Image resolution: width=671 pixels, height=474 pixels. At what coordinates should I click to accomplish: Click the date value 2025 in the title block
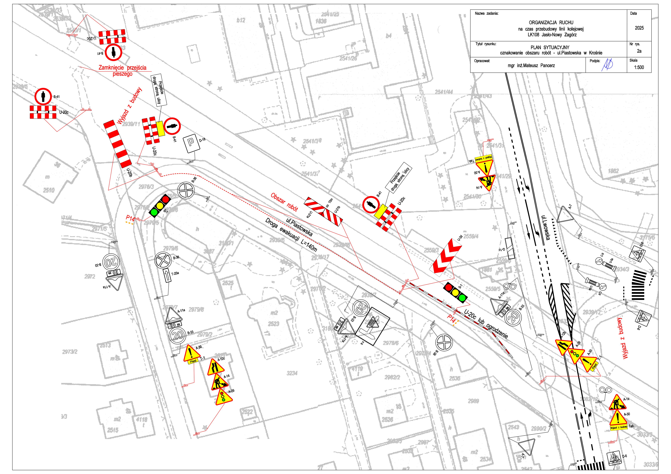[x=639, y=28]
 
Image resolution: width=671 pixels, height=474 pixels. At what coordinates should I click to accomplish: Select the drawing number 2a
[x=639, y=51]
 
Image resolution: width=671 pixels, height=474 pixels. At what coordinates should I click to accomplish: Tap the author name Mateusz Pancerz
[x=531, y=66]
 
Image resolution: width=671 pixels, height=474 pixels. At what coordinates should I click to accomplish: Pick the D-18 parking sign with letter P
[x=191, y=144]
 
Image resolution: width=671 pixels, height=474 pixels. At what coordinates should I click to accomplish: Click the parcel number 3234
[x=292, y=373]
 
